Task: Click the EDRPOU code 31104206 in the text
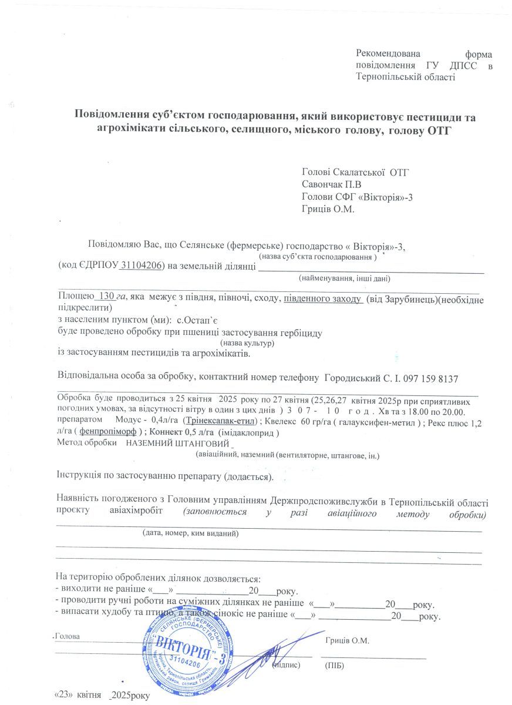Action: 142,266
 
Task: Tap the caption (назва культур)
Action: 247,343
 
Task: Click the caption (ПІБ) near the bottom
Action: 334,665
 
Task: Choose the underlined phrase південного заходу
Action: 322,298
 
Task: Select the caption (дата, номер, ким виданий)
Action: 190,533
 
